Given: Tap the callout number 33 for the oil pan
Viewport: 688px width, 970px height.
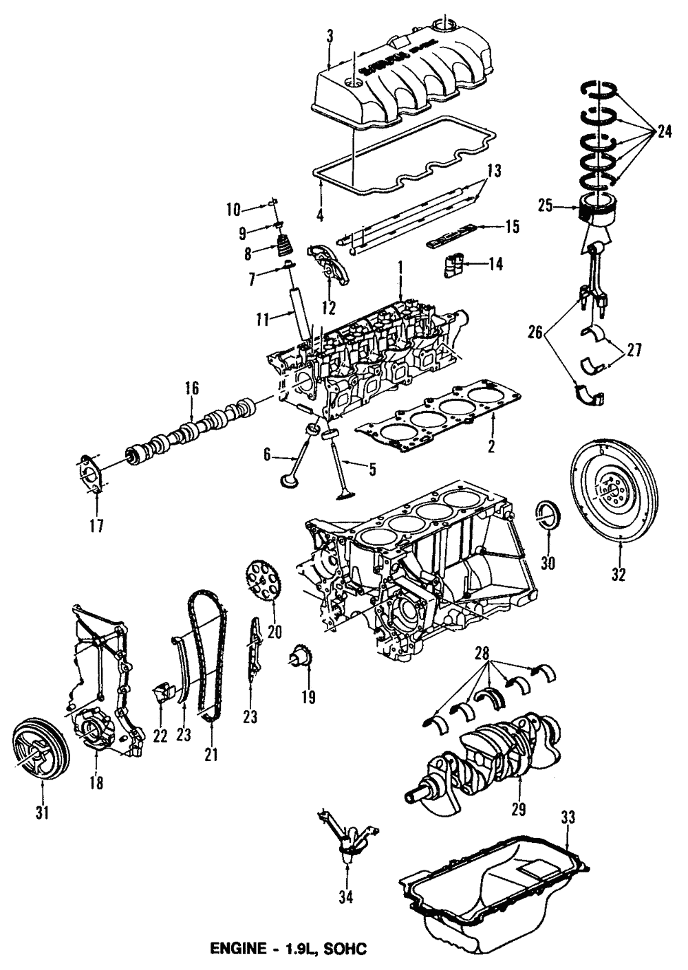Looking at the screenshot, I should pyautogui.click(x=568, y=817).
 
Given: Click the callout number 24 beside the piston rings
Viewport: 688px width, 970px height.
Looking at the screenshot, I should pyautogui.click(x=663, y=130).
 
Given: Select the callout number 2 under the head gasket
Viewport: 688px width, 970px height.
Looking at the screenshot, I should pyautogui.click(x=491, y=446).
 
